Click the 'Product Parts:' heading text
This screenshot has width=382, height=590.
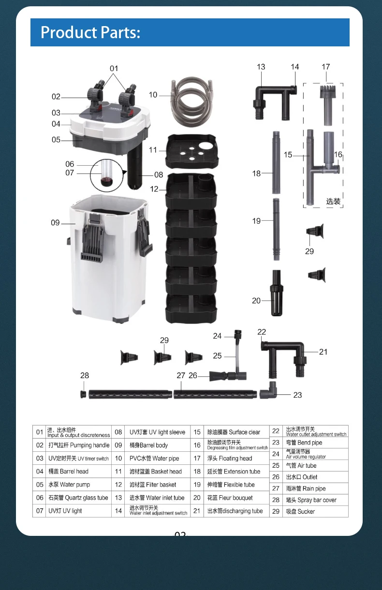(x=90, y=32)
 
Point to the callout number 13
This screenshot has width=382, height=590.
(x=261, y=67)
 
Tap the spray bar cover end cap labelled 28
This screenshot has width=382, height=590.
(x=84, y=394)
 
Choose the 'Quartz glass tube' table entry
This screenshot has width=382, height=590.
(x=78, y=498)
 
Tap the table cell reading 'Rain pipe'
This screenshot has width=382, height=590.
(x=305, y=489)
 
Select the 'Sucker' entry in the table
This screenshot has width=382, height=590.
(x=300, y=511)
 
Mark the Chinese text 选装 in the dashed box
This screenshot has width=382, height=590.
(x=333, y=201)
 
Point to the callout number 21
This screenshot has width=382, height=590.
(x=323, y=352)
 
